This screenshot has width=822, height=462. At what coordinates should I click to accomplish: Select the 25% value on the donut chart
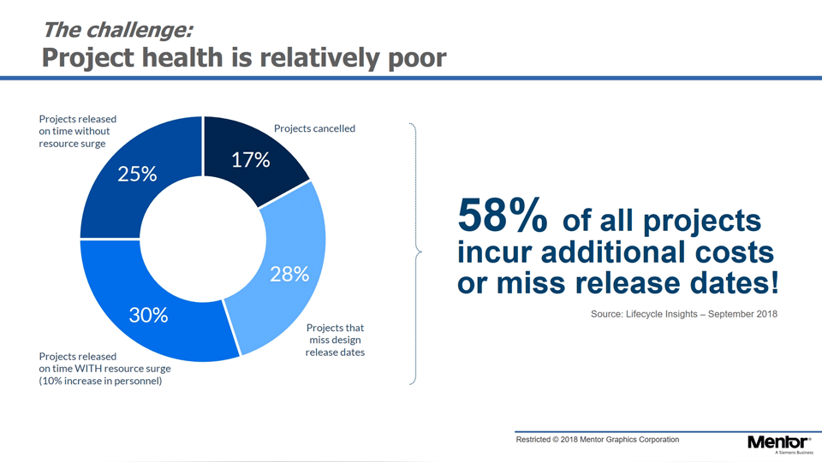[137, 174]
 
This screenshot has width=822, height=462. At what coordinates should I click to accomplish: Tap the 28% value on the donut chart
[289, 274]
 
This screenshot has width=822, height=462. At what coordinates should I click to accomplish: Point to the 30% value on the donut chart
[148, 315]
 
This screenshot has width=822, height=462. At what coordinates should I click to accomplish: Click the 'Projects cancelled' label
[314, 128]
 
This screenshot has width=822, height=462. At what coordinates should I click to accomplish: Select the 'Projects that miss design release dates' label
[335, 341]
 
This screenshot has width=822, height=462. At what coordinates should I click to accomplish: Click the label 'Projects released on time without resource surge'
[78, 131]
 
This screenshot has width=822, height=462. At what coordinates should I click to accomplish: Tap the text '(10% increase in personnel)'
[101, 381]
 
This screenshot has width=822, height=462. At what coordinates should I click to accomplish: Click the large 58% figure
[502, 216]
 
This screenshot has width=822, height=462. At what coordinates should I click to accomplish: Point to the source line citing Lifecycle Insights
[683, 314]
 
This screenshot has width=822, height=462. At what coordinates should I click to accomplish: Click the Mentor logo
[777, 442]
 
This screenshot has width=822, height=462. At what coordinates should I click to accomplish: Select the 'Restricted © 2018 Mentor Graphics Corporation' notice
[597, 439]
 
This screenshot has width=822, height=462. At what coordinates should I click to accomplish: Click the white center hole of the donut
[202, 239]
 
